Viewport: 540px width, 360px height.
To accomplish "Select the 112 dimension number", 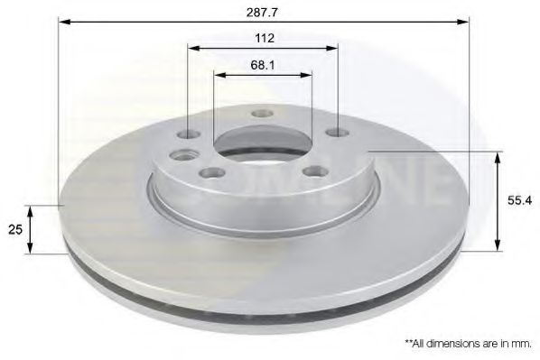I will click(264, 38).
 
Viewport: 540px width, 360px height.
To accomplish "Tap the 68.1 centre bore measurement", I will click(263, 64).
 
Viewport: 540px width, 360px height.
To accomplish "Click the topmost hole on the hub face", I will click(263, 114).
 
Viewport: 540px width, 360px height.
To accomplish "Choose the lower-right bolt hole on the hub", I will click(314, 171).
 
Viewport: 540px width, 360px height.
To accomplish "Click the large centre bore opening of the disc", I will click(263, 144).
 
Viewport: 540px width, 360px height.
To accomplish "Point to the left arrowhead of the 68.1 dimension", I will click(217, 76).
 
